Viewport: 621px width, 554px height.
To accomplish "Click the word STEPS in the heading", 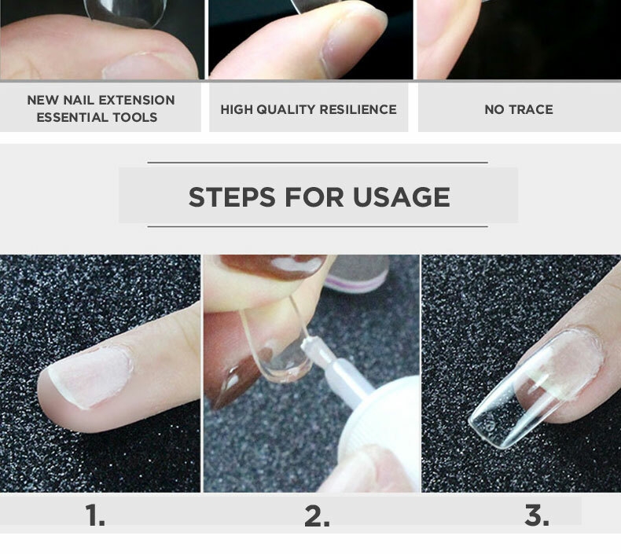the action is [x=232, y=196].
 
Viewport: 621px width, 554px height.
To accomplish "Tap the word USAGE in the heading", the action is [x=401, y=196].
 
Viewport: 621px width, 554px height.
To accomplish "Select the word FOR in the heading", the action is [x=314, y=196].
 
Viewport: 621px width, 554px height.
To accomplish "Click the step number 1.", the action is [x=95, y=515].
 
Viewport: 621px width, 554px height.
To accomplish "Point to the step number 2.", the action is [x=317, y=515].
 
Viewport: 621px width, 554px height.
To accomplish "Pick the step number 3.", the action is [x=537, y=515].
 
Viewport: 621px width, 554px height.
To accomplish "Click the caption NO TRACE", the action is [x=519, y=109].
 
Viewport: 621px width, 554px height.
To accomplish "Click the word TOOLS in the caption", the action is [x=135, y=117].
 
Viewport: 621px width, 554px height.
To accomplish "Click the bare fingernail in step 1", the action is [x=91, y=376].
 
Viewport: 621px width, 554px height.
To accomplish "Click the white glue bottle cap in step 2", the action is [x=380, y=431].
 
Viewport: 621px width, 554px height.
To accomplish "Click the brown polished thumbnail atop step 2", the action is [x=274, y=266].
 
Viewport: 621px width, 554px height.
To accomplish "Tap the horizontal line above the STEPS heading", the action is [x=318, y=163].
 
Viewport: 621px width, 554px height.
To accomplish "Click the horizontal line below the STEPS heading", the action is [x=318, y=226].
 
